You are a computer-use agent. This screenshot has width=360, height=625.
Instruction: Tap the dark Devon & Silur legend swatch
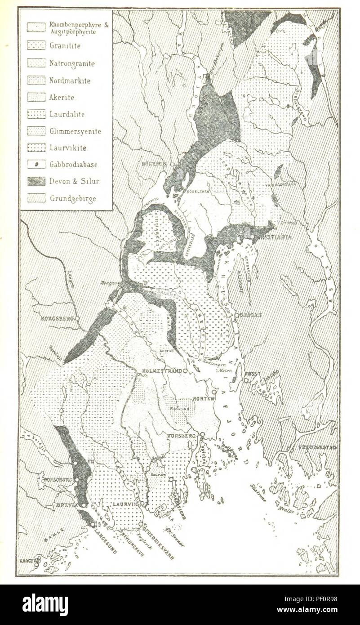coord(36,181)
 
